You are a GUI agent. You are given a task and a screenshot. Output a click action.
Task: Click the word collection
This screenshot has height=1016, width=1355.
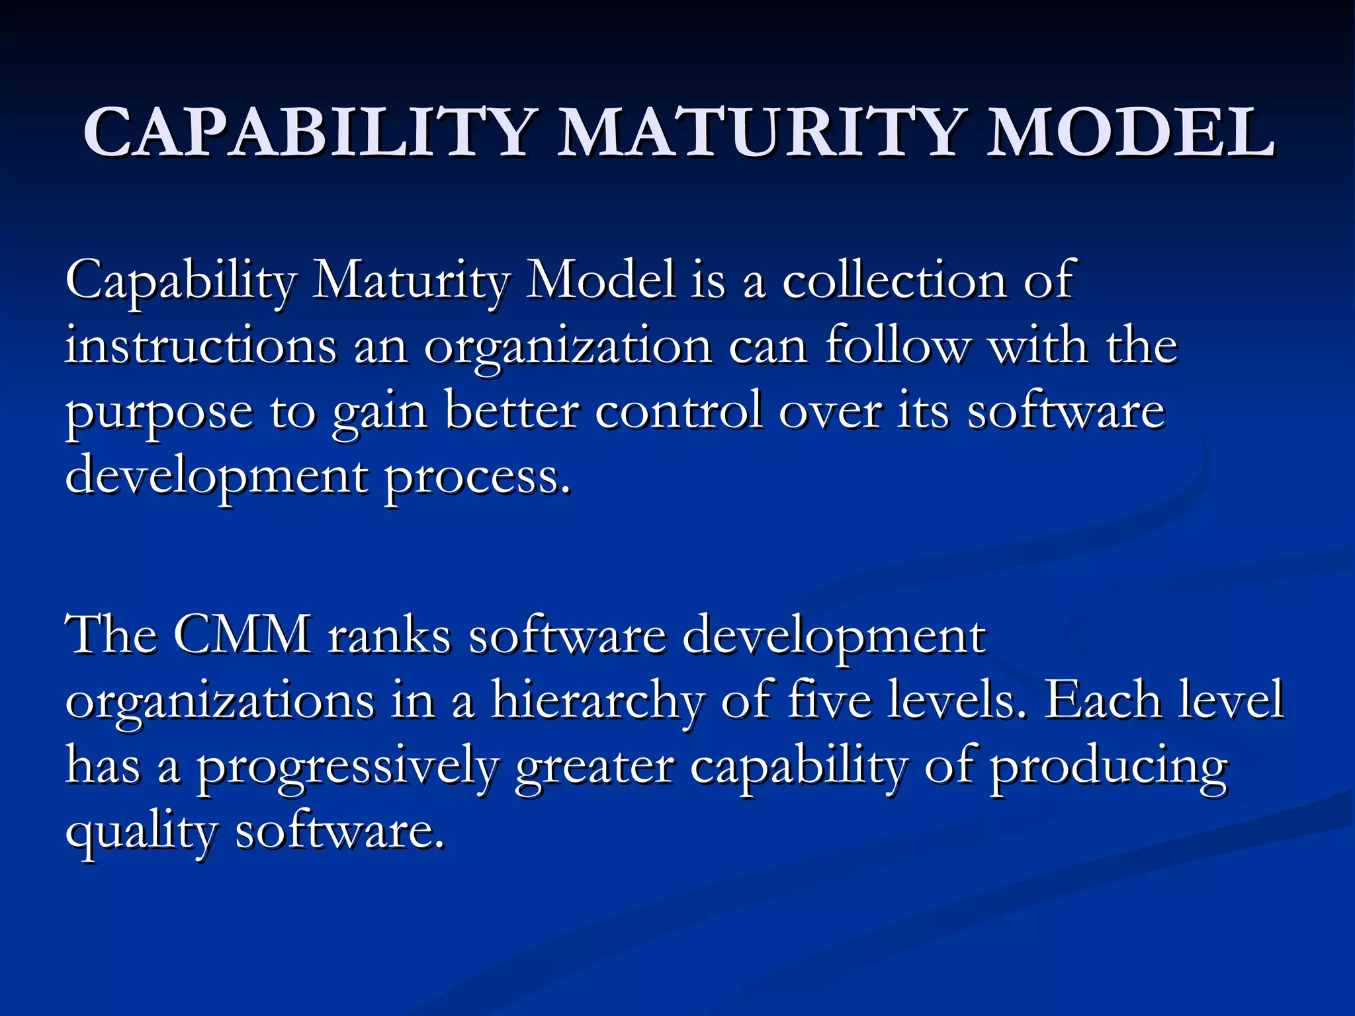895,280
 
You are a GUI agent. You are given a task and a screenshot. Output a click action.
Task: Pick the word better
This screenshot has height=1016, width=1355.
512,411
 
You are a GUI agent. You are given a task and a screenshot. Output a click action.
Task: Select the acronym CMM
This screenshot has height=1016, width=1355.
243,635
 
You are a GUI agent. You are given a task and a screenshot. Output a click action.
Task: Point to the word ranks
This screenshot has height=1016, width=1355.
390,635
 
